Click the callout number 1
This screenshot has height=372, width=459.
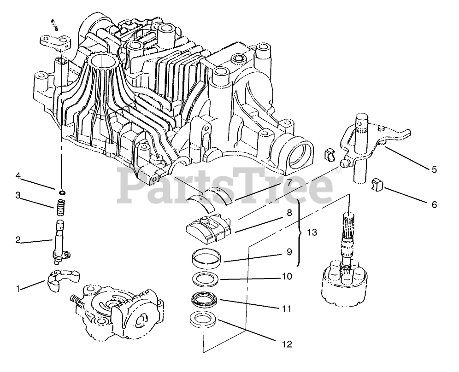pyautogui.click(x=18, y=289)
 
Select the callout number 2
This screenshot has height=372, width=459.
pyautogui.click(x=18, y=239)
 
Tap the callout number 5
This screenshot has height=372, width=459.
pyautogui.click(x=434, y=169)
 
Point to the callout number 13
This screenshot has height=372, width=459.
pyautogui.click(x=312, y=232)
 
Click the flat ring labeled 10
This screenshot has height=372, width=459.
pyautogui.click(x=206, y=279)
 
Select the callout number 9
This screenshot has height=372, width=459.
pyautogui.click(x=289, y=252)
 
